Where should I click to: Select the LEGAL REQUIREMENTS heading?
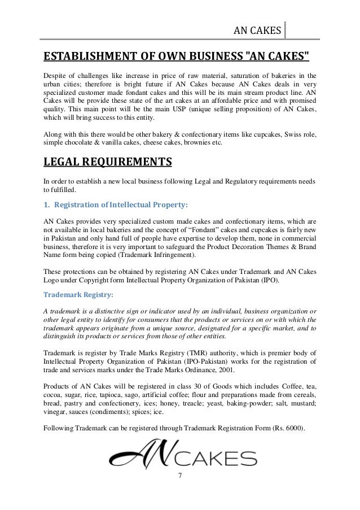coord(107,164)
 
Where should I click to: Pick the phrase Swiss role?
coord(299,136)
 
